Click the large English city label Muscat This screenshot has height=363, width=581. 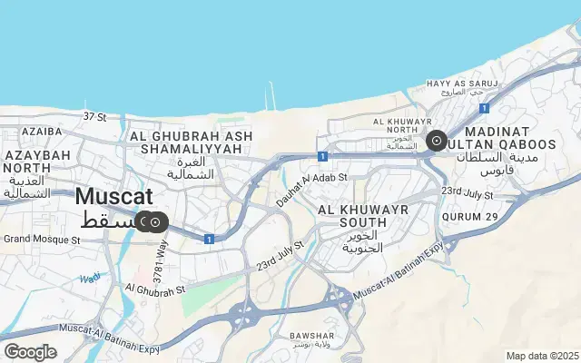[113, 196]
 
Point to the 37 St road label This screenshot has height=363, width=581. [94, 116]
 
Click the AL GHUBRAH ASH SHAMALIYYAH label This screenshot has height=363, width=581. [191, 142]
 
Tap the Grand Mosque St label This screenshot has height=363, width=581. [42, 240]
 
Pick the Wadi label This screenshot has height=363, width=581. [90, 278]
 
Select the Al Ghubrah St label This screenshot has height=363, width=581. [155, 289]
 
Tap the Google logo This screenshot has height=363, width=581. [30, 351]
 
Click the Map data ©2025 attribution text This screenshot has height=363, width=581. [541, 356]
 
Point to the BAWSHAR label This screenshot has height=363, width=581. [312, 336]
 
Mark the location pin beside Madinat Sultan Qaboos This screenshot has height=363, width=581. [436, 141]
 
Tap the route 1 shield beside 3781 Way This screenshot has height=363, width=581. [209, 239]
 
